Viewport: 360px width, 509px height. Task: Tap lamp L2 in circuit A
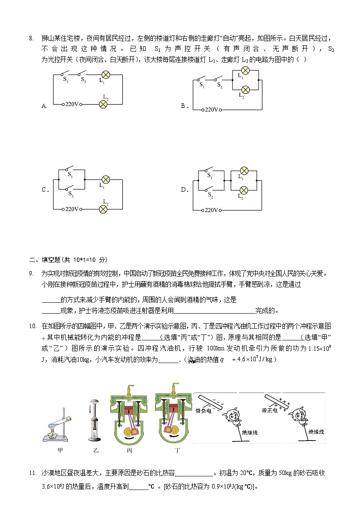click(x=104, y=104)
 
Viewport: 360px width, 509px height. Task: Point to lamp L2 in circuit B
click(x=245, y=89)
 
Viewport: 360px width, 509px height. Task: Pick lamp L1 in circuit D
click(x=243, y=170)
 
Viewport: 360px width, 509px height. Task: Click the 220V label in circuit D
click(x=211, y=210)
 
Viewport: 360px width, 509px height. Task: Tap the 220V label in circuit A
click(x=72, y=104)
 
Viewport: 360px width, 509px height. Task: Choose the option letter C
click(x=45, y=190)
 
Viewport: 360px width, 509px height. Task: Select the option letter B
click(x=184, y=106)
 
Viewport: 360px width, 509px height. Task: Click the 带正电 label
click(x=269, y=409)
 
